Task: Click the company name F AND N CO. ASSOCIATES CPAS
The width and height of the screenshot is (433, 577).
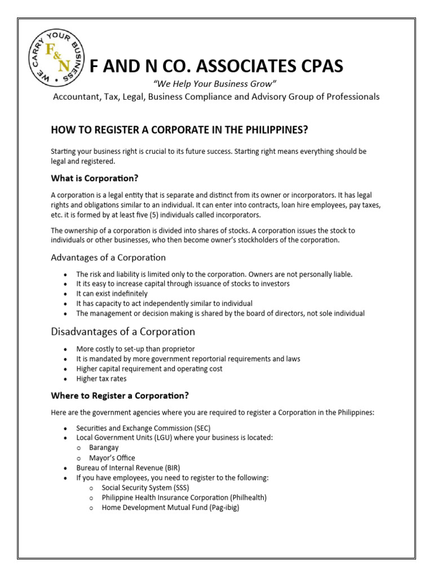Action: (x=216, y=66)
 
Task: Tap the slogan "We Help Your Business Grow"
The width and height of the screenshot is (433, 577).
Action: (x=214, y=84)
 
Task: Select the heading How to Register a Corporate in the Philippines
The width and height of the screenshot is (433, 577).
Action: (x=179, y=130)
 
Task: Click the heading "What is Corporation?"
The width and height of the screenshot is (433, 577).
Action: (x=94, y=179)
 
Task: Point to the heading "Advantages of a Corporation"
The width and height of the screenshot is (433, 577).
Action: (x=108, y=258)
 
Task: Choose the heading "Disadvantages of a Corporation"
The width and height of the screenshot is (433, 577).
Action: (x=123, y=331)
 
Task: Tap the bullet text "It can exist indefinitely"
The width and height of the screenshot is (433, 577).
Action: (x=112, y=294)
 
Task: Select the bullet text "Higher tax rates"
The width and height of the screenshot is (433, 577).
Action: (x=101, y=379)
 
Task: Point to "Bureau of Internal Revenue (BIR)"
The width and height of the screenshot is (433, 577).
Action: (x=128, y=468)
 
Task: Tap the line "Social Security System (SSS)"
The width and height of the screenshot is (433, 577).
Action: (x=145, y=487)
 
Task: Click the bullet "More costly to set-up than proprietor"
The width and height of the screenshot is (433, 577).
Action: (x=135, y=349)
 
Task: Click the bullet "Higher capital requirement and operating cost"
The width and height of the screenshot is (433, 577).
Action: (x=149, y=369)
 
